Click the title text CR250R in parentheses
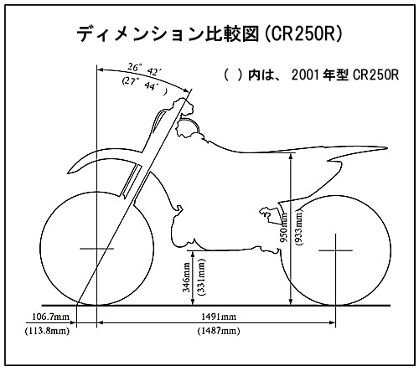(303, 34)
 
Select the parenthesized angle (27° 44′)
(145, 85)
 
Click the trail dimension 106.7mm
(51, 317)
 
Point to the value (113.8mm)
(47, 331)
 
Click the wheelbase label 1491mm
(219, 317)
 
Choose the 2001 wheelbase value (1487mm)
(219, 331)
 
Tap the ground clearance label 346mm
(186, 277)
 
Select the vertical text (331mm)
(201, 277)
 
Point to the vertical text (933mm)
(299, 227)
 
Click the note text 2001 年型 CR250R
(345, 75)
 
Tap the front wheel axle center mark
(96, 249)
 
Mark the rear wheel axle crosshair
(335, 250)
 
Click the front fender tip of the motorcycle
(69, 173)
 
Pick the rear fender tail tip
(386, 148)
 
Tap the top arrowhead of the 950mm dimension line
(291, 155)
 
